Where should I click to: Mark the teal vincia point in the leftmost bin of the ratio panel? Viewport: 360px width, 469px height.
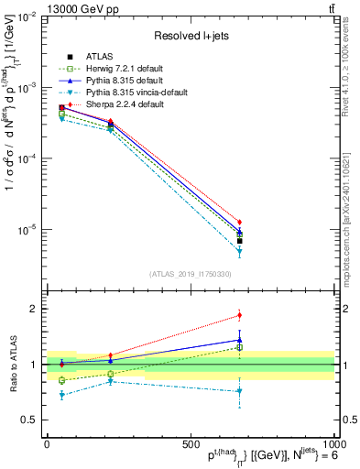pos(62,395)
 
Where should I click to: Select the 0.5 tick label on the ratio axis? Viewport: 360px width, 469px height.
pos(28,420)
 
